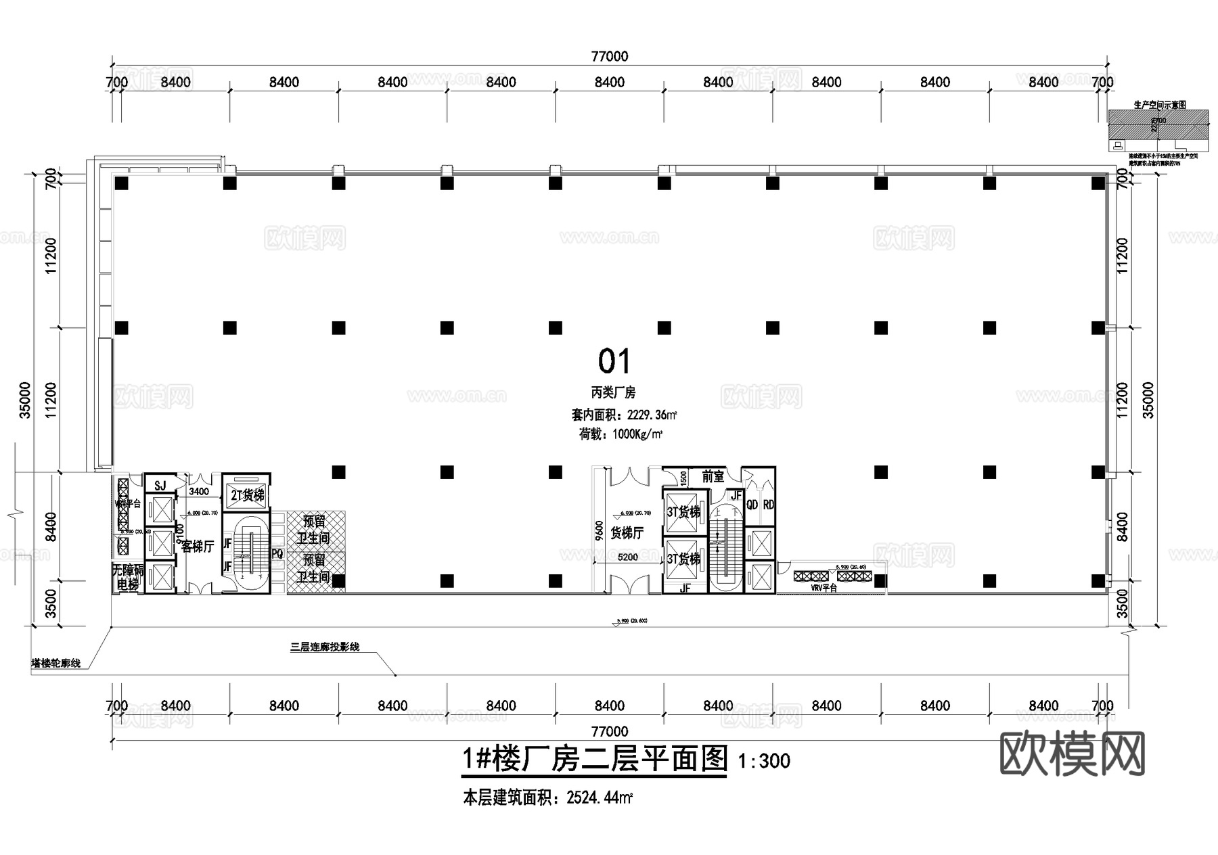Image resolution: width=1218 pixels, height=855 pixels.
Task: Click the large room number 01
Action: pyautogui.click(x=614, y=362)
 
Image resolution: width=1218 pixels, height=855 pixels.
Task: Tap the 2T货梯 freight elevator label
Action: pyautogui.click(x=247, y=496)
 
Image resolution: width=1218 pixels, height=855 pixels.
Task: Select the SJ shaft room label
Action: pyautogui.click(x=160, y=486)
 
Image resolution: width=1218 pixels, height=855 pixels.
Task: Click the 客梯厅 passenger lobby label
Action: pyautogui.click(x=198, y=547)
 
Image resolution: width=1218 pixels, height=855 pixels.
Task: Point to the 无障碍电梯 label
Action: pyautogui.click(x=127, y=577)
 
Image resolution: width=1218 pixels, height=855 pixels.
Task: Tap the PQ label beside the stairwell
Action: pyautogui.click(x=277, y=553)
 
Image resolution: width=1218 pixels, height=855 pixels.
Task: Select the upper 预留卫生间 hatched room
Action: pyautogui.click(x=315, y=530)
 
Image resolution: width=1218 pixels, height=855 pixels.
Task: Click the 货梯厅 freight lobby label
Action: pyautogui.click(x=627, y=534)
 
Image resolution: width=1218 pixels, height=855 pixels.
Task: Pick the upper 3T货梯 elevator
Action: pyautogui.click(x=683, y=512)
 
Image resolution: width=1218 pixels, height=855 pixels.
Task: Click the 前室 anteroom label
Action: pyautogui.click(x=713, y=477)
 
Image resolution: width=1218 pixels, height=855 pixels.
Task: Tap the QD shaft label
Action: pyautogui.click(x=752, y=505)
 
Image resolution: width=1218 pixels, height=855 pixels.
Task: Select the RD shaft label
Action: pyautogui.click(x=768, y=505)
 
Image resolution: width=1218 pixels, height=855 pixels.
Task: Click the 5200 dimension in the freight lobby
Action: pyautogui.click(x=627, y=557)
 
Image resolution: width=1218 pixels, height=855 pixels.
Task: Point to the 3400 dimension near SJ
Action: pyautogui.click(x=199, y=492)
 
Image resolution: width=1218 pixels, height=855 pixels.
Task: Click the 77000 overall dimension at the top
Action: pyautogui.click(x=609, y=57)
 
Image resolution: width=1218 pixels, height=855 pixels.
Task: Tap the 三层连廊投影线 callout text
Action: pyautogui.click(x=325, y=647)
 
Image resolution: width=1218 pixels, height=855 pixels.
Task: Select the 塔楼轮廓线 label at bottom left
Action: pyautogui.click(x=56, y=664)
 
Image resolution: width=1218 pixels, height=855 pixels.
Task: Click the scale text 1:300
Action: pyautogui.click(x=764, y=762)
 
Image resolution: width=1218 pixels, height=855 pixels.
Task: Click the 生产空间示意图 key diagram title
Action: pyautogui.click(x=1159, y=105)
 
